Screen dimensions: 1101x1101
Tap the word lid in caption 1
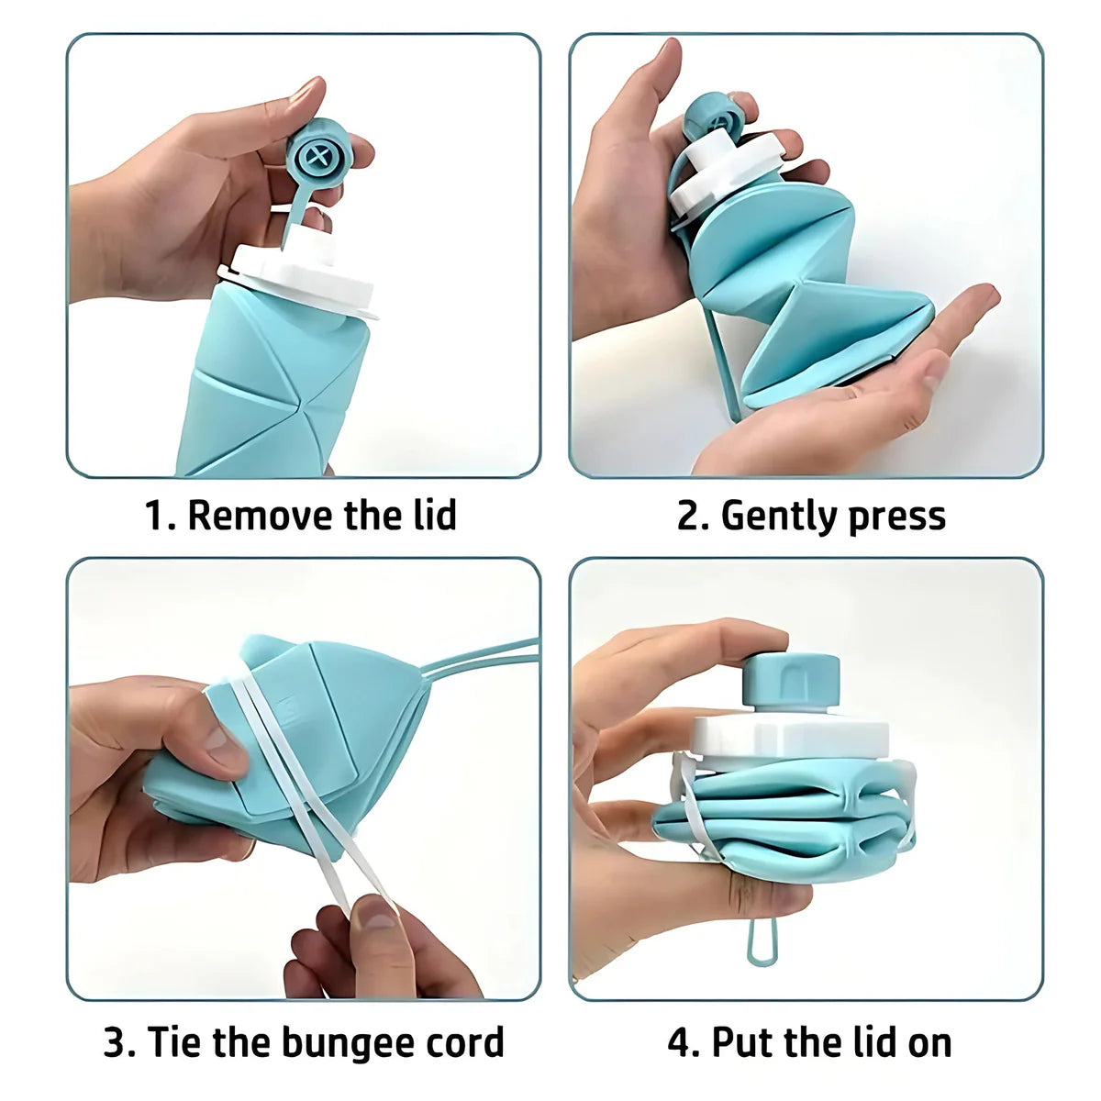[x=430, y=516]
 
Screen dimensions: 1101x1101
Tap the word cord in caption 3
[x=464, y=1043]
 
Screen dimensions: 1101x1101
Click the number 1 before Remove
[x=156, y=516]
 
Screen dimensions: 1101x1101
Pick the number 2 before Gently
[x=688, y=517]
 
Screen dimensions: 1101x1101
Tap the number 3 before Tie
[x=115, y=1043]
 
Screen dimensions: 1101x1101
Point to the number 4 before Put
[x=678, y=1043]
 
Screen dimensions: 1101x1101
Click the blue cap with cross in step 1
[x=317, y=157]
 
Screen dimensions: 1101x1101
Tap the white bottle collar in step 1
[x=303, y=275]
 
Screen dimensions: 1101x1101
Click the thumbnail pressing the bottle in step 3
[x=221, y=740]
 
